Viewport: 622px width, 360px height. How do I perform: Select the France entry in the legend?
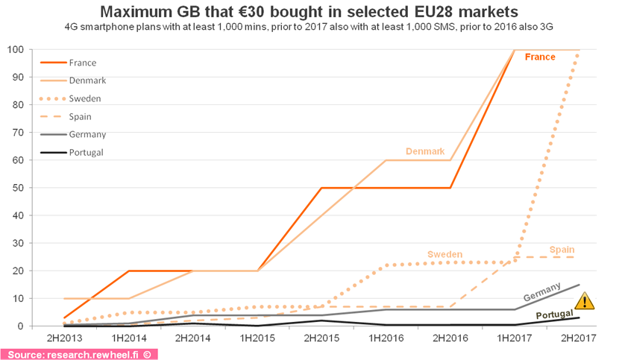pyautogui.click(x=82, y=63)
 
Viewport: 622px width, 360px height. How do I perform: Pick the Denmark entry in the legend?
pyautogui.click(x=87, y=80)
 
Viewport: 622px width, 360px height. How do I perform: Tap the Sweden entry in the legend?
pyautogui.click(x=84, y=98)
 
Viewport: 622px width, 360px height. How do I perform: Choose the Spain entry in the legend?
pyautogui.click(x=81, y=117)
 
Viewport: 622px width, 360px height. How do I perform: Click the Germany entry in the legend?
pyautogui.click(x=87, y=135)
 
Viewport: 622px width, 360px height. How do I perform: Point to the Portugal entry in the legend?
pyautogui.click(x=86, y=153)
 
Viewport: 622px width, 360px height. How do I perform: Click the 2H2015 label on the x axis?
pyautogui.click(x=321, y=338)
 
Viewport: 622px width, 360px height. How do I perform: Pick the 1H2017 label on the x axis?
pyautogui.click(x=514, y=338)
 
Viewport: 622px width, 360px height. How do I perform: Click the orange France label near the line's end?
pyautogui.click(x=540, y=57)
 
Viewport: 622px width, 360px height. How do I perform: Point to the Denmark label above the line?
pyautogui.click(x=425, y=151)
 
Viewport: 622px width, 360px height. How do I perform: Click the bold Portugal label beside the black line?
pyautogui.click(x=555, y=315)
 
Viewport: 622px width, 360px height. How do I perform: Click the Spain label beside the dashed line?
pyautogui.click(x=562, y=249)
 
